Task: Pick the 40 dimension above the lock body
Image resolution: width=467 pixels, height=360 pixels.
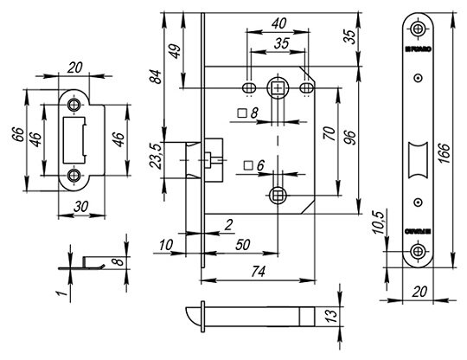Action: [x=277, y=23]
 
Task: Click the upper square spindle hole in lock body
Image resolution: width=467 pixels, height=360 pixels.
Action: [x=277, y=87]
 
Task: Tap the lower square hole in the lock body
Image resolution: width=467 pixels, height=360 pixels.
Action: [x=277, y=195]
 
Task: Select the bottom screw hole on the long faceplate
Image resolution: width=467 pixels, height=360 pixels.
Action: [x=419, y=252]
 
